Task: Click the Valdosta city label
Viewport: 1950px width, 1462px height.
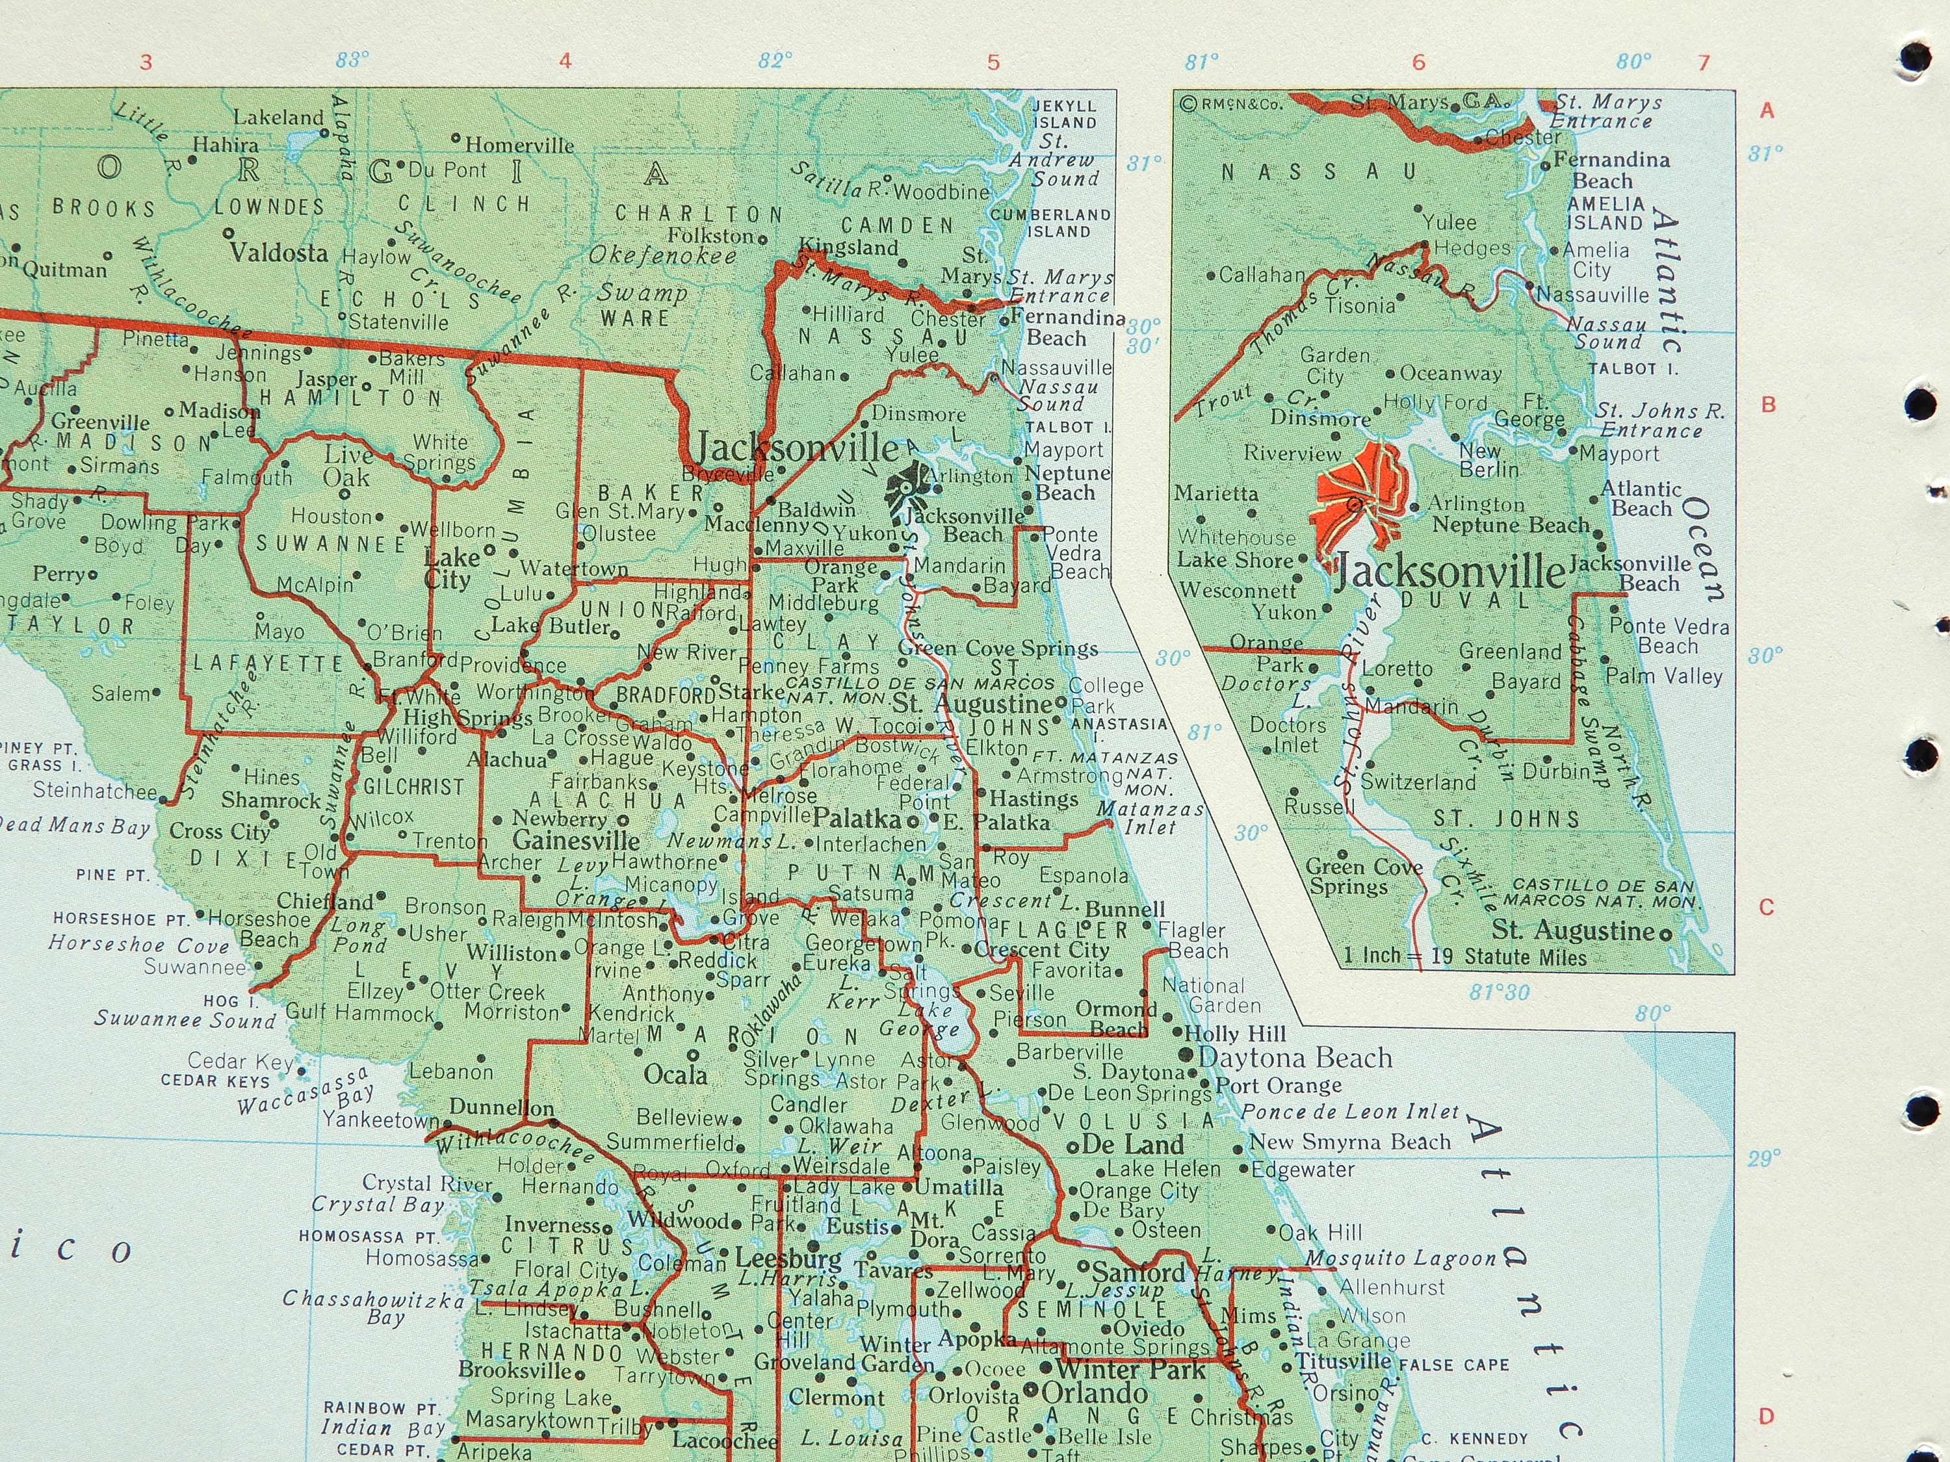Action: [x=279, y=253]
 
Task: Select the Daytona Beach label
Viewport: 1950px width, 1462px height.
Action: [x=1294, y=1057]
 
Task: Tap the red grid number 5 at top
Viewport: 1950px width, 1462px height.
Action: [x=993, y=62]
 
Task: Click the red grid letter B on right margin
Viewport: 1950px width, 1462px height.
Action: [x=1767, y=405]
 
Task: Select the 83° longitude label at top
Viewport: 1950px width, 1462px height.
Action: [x=352, y=60]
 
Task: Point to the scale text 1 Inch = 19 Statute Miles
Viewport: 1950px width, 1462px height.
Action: [x=1464, y=957]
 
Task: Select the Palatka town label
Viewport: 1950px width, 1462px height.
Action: [x=857, y=819]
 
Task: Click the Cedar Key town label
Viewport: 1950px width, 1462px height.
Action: [x=240, y=1061]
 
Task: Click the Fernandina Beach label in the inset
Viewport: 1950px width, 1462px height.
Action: [x=1611, y=170]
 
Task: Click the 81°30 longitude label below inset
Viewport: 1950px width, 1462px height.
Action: [x=1499, y=992]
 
